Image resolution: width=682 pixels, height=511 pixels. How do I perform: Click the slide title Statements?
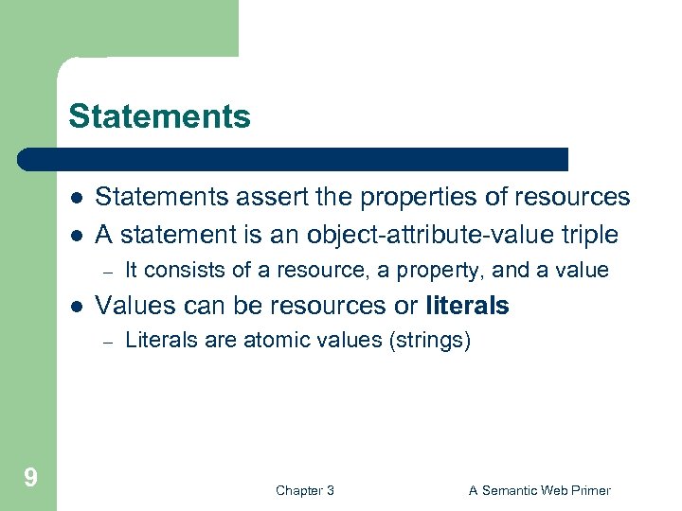[159, 116]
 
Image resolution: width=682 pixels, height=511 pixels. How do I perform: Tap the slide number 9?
[30, 477]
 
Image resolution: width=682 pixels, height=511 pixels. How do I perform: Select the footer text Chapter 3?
[304, 490]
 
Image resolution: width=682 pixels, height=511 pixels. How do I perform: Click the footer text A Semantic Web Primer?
[540, 490]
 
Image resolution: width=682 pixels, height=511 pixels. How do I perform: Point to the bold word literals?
[468, 306]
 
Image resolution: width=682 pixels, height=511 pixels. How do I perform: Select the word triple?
[586, 234]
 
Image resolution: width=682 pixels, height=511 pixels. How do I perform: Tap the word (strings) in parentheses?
[429, 341]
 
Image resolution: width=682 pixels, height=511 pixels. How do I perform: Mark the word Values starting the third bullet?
[128, 306]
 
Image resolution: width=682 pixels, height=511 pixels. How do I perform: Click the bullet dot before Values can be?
[75, 307]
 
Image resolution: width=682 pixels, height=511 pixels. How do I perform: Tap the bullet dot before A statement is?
[75, 235]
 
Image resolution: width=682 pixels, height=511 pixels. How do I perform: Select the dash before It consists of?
[109, 272]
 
